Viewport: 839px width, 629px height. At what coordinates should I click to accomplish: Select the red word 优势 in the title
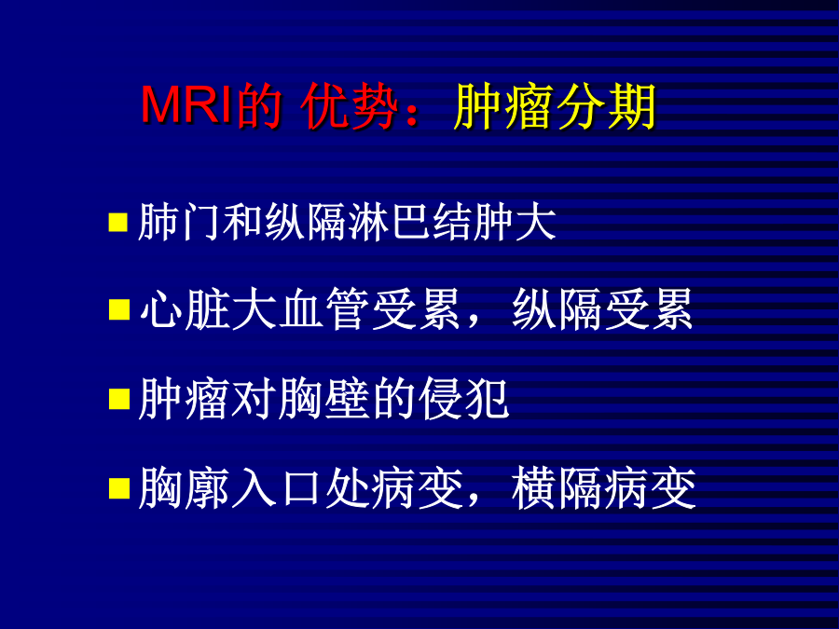tap(350, 106)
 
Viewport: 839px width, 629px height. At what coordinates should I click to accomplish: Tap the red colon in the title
tap(412, 111)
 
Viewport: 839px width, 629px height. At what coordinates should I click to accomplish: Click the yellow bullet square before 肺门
tap(118, 222)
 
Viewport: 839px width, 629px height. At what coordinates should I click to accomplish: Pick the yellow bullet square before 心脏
tap(118, 309)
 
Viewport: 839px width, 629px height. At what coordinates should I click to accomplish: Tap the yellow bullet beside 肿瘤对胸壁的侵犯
tap(118, 399)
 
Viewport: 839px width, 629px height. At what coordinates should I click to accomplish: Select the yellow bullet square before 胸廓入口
tap(118, 487)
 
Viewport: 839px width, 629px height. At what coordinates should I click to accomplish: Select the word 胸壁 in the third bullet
tap(323, 399)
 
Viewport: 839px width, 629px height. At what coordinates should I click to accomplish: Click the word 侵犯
tap(464, 399)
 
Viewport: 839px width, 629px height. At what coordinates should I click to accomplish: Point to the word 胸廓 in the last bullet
tap(184, 487)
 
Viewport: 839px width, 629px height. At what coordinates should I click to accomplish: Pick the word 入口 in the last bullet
tap(278, 487)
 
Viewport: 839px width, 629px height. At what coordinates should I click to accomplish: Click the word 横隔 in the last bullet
tap(557, 487)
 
